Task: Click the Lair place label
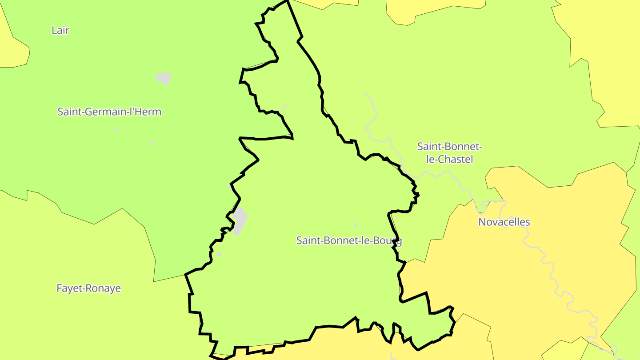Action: point(60,30)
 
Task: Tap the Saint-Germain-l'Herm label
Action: point(109,112)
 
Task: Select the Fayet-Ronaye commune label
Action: point(88,288)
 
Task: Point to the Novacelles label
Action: point(504,222)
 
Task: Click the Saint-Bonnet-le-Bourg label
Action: point(349,240)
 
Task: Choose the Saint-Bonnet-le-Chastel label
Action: point(450,152)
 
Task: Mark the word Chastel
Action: point(450,159)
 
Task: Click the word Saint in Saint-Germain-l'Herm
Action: point(69,112)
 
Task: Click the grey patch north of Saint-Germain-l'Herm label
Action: point(163,78)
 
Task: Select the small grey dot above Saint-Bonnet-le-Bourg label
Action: point(355,225)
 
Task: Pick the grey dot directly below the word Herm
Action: point(151,143)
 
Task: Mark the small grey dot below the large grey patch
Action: point(219,254)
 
